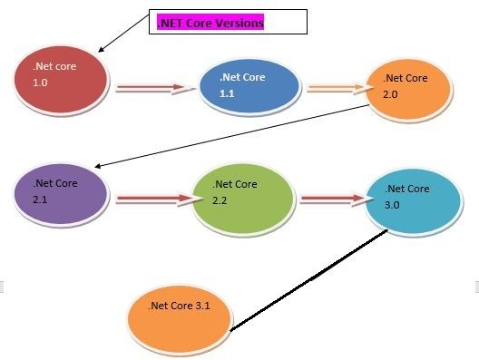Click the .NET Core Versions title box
(229, 23)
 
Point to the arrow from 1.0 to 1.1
(152, 89)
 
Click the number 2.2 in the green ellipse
(219, 199)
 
